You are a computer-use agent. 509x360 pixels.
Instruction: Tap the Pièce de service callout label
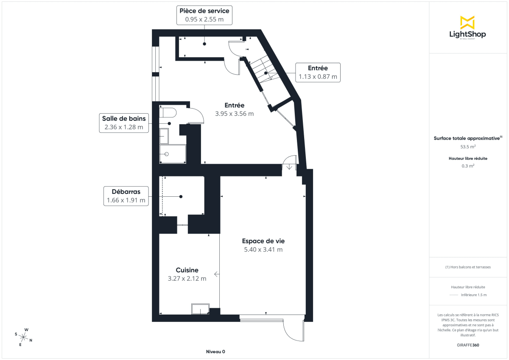(204, 15)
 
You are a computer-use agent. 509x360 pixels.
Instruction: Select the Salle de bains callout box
(124, 123)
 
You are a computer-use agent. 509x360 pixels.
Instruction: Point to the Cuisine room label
(187, 270)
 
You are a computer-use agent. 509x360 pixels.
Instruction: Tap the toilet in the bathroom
(168, 113)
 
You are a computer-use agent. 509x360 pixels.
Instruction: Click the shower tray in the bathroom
(173, 154)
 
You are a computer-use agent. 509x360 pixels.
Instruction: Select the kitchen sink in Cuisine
(200, 309)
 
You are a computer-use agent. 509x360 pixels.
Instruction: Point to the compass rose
(24, 337)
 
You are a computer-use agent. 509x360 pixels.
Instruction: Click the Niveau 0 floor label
(215, 352)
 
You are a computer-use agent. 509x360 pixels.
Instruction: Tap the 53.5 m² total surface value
(468, 147)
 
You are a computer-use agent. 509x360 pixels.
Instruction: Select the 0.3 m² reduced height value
(468, 166)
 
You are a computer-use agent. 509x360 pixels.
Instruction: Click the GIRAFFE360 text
(468, 345)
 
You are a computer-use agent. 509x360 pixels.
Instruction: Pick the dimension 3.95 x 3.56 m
(234, 114)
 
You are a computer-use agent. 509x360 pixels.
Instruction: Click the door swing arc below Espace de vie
(293, 331)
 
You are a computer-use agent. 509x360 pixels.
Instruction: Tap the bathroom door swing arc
(196, 114)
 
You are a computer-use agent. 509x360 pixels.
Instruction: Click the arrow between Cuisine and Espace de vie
(217, 274)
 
